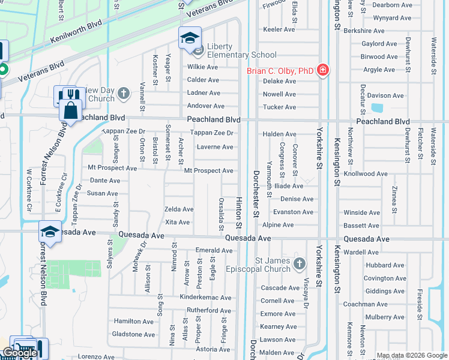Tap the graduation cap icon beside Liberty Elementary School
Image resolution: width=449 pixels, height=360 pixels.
point(190,38)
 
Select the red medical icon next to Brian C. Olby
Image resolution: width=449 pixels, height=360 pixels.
point(323,70)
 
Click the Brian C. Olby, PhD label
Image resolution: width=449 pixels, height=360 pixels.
point(280,71)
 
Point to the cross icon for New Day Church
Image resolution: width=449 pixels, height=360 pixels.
point(124,93)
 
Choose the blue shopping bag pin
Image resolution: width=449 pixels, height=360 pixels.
point(71,110)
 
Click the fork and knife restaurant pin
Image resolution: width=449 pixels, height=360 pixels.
point(73,95)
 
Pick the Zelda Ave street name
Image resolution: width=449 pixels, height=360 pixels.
point(179,209)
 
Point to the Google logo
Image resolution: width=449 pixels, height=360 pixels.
point(19,353)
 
